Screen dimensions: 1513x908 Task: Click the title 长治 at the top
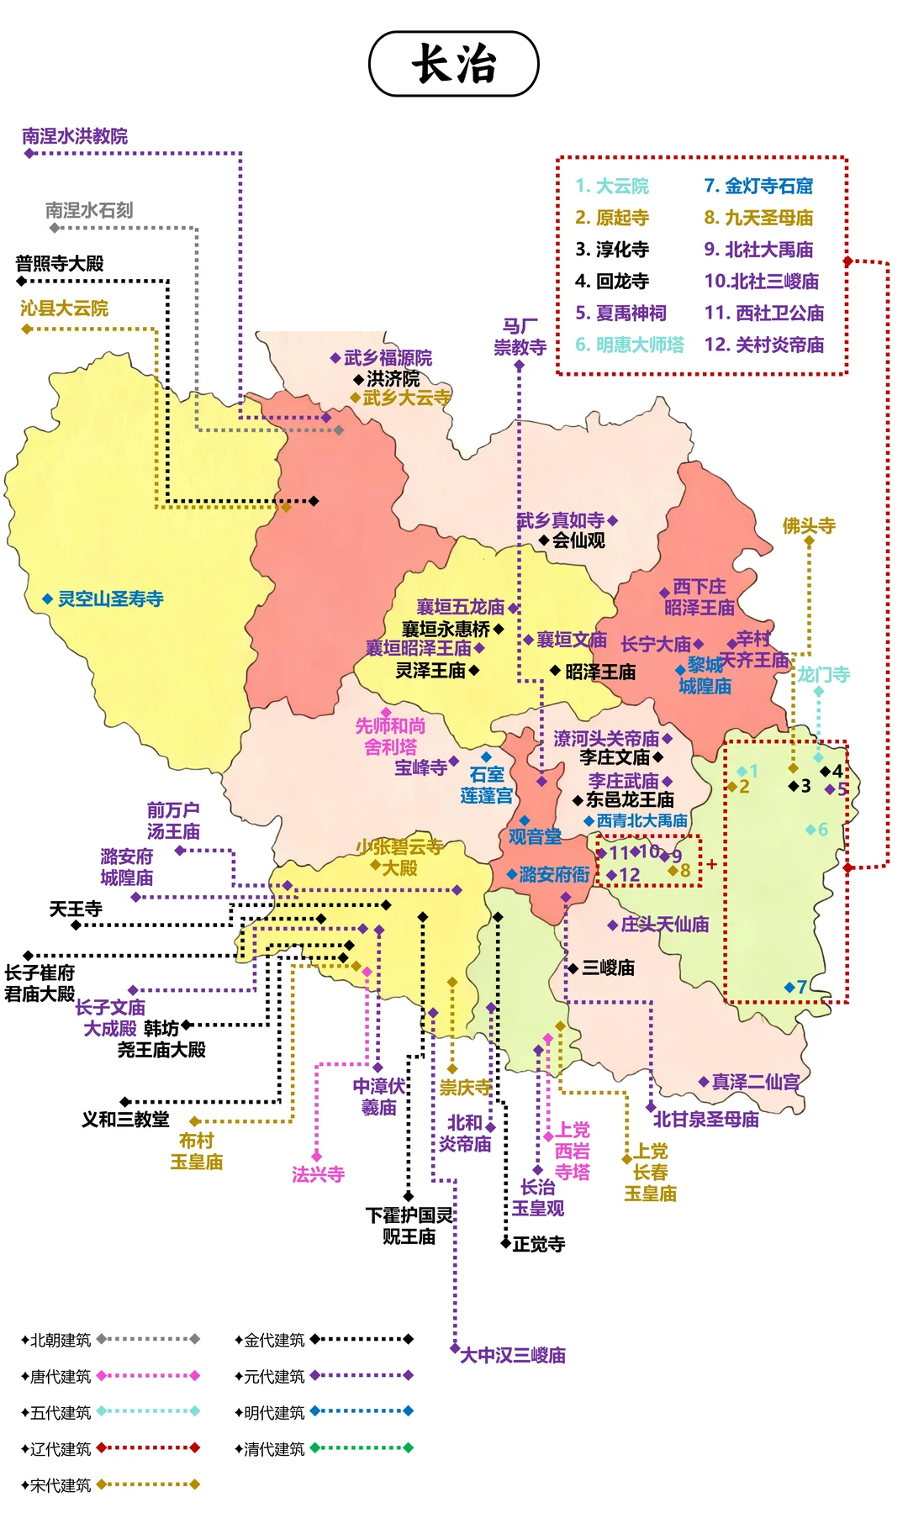point(454,64)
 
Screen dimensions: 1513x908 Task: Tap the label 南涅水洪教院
point(75,136)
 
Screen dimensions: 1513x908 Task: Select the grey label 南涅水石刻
point(89,210)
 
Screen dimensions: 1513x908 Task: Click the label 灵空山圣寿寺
point(110,599)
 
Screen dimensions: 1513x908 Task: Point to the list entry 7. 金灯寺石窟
point(758,186)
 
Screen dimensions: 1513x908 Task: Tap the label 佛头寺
point(809,526)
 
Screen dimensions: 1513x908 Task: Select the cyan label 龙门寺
point(824,674)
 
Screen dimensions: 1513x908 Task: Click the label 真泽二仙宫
point(755,1082)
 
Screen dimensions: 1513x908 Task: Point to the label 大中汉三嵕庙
point(513,1355)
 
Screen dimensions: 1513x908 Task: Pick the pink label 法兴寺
point(318,1174)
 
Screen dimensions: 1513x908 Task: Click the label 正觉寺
point(539,1244)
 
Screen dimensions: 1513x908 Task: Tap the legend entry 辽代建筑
point(61,1448)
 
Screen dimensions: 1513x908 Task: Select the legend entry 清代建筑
point(274,1448)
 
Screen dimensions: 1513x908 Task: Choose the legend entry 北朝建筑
point(61,1340)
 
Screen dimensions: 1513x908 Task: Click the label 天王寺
point(76,909)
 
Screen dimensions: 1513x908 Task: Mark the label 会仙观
point(578,540)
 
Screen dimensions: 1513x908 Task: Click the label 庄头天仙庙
point(664,925)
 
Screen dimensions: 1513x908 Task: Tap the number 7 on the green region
point(802,987)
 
